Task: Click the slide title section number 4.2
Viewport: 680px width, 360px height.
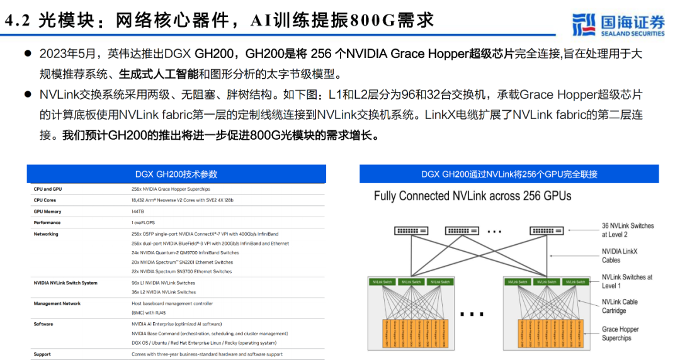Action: pyautogui.click(x=18, y=20)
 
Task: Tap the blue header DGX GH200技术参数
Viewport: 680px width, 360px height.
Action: pyautogui.click(x=176, y=174)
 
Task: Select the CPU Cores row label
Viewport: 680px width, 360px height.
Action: pyautogui.click(x=45, y=200)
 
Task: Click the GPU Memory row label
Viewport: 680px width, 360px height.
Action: pyautogui.click(x=47, y=211)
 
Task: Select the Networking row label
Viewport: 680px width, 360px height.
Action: pyautogui.click(x=46, y=234)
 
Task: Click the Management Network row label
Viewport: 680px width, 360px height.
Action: pyautogui.click(x=57, y=303)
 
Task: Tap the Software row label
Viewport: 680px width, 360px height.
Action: pyautogui.click(x=43, y=324)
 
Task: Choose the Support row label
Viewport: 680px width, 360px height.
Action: pyautogui.click(x=43, y=354)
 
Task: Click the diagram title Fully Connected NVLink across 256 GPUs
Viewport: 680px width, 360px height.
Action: pyautogui.click(x=472, y=196)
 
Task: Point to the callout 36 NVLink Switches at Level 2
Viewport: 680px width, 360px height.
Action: pyautogui.click(x=627, y=230)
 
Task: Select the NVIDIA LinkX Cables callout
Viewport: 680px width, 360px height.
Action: pyautogui.click(x=620, y=256)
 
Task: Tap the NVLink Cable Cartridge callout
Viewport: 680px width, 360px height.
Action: pyautogui.click(x=620, y=306)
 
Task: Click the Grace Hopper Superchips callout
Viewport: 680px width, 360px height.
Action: pyautogui.click(x=620, y=334)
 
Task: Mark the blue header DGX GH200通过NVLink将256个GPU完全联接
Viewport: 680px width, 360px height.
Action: pyautogui.click(x=509, y=174)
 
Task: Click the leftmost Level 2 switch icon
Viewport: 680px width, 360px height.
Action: pyautogui.click(x=411, y=230)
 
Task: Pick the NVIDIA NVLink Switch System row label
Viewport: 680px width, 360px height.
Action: pyautogui.click(x=65, y=283)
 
